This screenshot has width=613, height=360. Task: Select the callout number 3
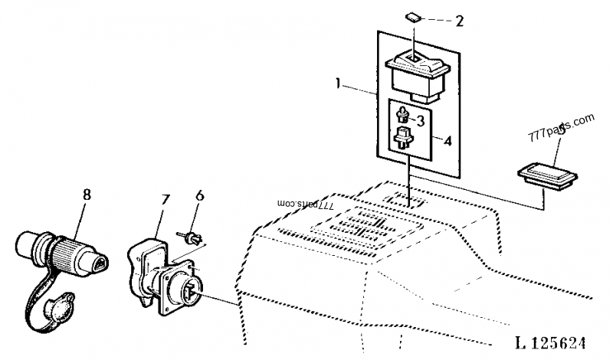[421, 120]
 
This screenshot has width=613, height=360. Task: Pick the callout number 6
[200, 196]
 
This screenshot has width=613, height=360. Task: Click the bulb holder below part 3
[402, 140]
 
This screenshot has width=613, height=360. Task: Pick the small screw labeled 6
[192, 236]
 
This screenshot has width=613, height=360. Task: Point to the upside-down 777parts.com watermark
[307, 206]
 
